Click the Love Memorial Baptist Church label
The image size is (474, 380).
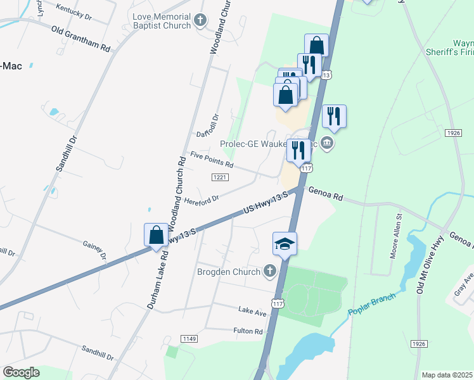161,20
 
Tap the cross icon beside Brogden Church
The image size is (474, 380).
270,271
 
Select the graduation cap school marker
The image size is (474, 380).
285,243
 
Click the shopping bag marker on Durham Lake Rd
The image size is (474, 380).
156,235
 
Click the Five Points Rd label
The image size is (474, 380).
212,160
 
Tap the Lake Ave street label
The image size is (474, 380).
252,311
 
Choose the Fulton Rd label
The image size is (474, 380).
248,331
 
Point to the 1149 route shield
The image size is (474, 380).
188,340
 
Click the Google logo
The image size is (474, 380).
21,372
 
